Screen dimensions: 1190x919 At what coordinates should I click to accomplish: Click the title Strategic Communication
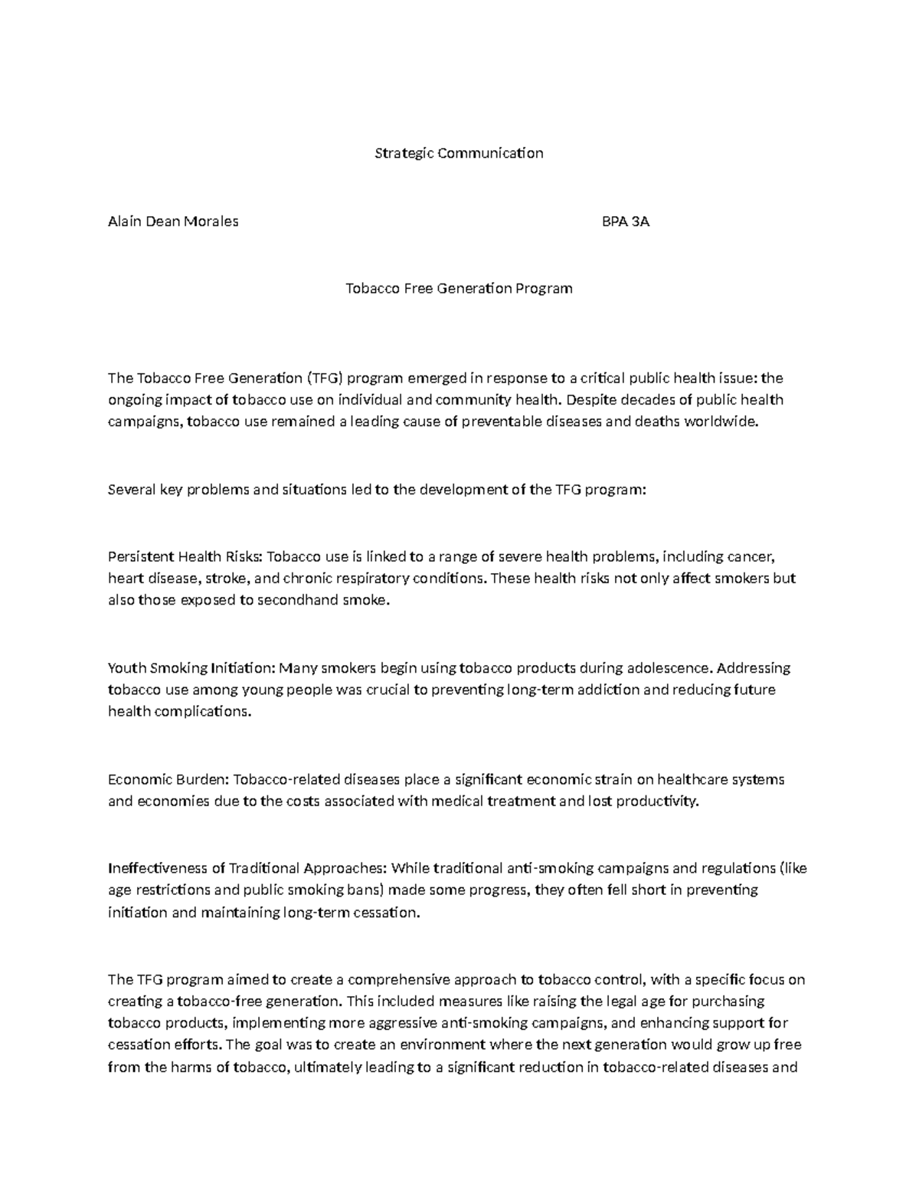[x=459, y=153]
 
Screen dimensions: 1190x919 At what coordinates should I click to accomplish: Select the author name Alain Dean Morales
[x=173, y=221]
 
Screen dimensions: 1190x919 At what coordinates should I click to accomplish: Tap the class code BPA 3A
[x=626, y=221]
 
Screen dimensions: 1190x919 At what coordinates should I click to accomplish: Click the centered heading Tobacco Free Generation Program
[x=459, y=289]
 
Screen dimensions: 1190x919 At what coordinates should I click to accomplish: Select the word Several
[x=131, y=490]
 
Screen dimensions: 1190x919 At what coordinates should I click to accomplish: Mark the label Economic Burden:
[x=168, y=780]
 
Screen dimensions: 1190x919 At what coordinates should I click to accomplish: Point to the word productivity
[x=658, y=802]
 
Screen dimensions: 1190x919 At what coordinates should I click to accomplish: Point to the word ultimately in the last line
[x=325, y=1067]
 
